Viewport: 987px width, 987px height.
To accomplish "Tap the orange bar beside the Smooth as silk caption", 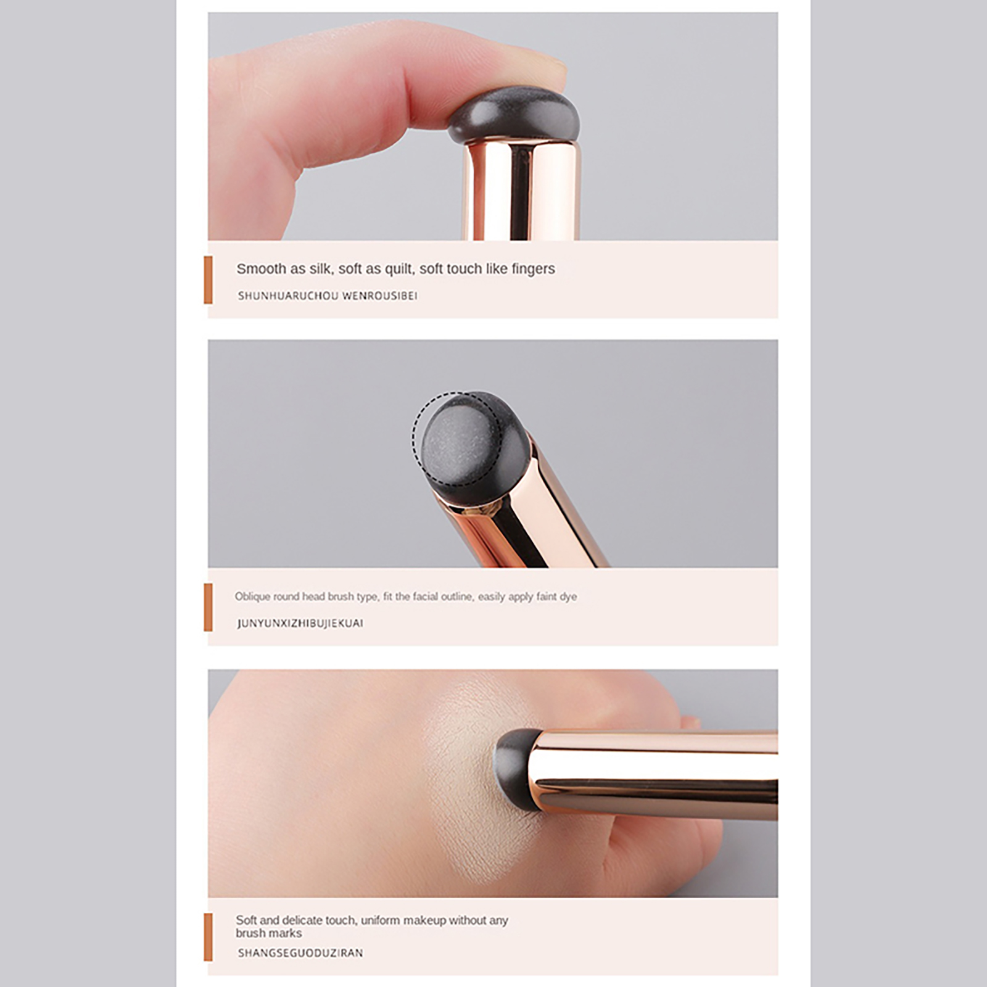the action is [x=208, y=280].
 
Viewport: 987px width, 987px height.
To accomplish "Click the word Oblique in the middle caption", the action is [x=252, y=597].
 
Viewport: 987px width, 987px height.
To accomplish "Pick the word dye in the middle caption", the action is [x=568, y=597].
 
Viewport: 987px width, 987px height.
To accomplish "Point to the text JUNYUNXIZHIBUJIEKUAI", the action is [x=300, y=623].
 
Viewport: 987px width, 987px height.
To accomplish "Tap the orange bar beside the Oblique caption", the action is [x=208, y=608].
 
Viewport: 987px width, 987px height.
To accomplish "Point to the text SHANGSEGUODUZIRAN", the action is [x=300, y=953].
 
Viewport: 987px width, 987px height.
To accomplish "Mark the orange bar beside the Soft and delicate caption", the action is [x=208, y=937].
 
